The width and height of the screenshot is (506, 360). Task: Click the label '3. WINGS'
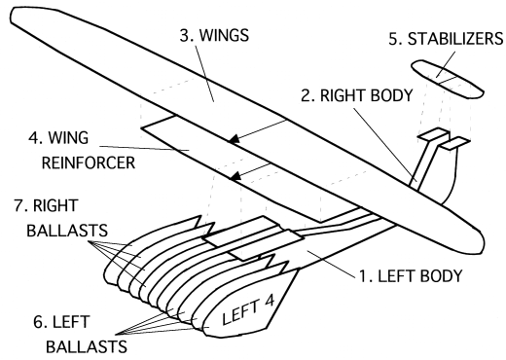(214, 35)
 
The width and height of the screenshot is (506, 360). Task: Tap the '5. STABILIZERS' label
(446, 39)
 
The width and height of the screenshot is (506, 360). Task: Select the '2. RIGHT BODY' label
(357, 95)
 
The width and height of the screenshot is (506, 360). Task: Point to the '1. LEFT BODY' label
(411, 276)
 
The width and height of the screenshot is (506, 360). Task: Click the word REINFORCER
(89, 162)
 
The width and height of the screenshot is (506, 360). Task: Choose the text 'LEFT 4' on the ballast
(248, 310)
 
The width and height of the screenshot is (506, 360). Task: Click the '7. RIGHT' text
(46, 205)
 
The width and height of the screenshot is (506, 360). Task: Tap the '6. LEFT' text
(61, 322)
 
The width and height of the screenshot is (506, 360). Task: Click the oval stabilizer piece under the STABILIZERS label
(448, 79)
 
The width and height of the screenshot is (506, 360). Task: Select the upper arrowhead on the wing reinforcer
(234, 138)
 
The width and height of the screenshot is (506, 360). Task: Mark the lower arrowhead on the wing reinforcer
(235, 175)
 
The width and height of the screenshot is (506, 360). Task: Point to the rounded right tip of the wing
(480, 242)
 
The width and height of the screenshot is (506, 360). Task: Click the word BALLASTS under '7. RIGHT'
(67, 231)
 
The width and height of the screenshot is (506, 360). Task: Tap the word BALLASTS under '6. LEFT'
(87, 346)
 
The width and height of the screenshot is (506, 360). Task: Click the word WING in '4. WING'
(68, 138)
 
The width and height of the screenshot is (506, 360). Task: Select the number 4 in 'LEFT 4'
(269, 302)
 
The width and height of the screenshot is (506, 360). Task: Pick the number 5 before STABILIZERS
(394, 39)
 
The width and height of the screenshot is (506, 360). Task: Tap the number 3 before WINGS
(186, 35)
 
